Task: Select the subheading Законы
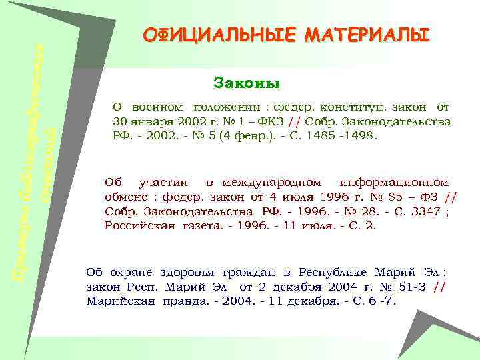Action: [247, 83]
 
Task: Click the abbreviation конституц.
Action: [350, 107]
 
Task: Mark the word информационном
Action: [393, 182]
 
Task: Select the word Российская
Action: [137, 226]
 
